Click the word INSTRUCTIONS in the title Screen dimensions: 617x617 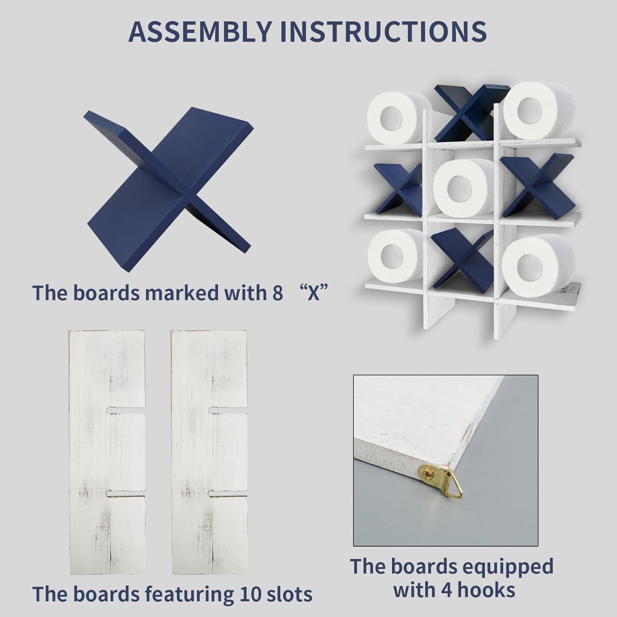[x=383, y=31]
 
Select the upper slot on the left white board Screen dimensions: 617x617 [x=126, y=410]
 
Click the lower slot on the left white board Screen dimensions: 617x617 [x=126, y=493]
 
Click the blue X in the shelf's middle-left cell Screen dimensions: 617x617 [x=397, y=189]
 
